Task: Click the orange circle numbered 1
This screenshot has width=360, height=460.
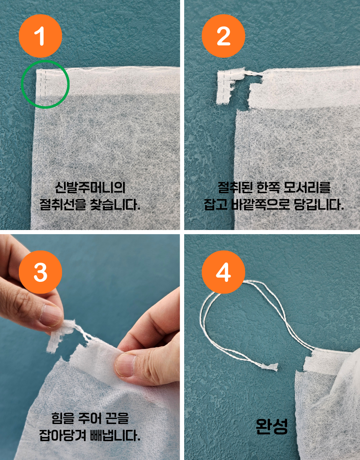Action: tap(41, 36)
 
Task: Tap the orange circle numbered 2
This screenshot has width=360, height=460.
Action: tap(224, 36)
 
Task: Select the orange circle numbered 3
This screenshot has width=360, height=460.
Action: tap(41, 272)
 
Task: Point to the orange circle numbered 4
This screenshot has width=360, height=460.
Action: tap(224, 272)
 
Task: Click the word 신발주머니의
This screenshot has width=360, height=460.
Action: tap(90, 187)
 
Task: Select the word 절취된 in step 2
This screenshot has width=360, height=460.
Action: tap(235, 187)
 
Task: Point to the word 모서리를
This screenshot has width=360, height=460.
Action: tap(307, 187)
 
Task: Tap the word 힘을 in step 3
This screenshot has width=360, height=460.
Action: tap(63, 418)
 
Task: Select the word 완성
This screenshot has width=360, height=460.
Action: tap(272, 426)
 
